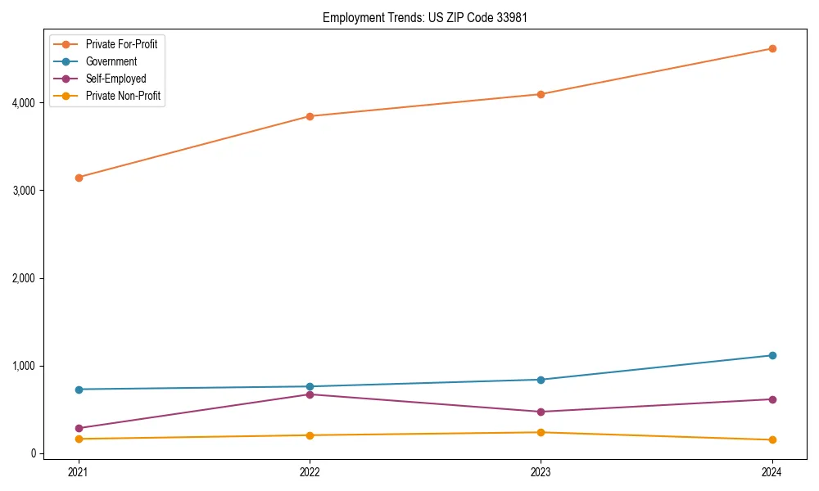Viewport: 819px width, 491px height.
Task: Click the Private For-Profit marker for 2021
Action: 79,178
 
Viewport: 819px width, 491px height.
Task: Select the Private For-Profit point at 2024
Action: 772,48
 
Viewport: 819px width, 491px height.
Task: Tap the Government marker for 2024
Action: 772,355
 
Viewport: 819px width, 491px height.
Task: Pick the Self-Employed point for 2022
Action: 310,394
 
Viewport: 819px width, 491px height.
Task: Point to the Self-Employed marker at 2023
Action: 541,412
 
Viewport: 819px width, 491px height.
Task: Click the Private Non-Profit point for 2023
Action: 541,432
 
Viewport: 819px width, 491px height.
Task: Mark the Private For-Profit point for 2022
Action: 310,116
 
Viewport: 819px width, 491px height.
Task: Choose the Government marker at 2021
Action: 79,390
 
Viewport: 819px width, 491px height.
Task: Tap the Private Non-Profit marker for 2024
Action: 772,440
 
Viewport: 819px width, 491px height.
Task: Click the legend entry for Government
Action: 111,61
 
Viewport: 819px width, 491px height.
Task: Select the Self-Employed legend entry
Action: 115,79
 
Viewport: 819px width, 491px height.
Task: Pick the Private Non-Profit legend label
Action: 123,96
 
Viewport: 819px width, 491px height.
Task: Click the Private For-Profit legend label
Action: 121,44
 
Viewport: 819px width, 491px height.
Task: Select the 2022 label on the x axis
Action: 310,471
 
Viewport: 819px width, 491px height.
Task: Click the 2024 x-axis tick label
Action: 772,471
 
